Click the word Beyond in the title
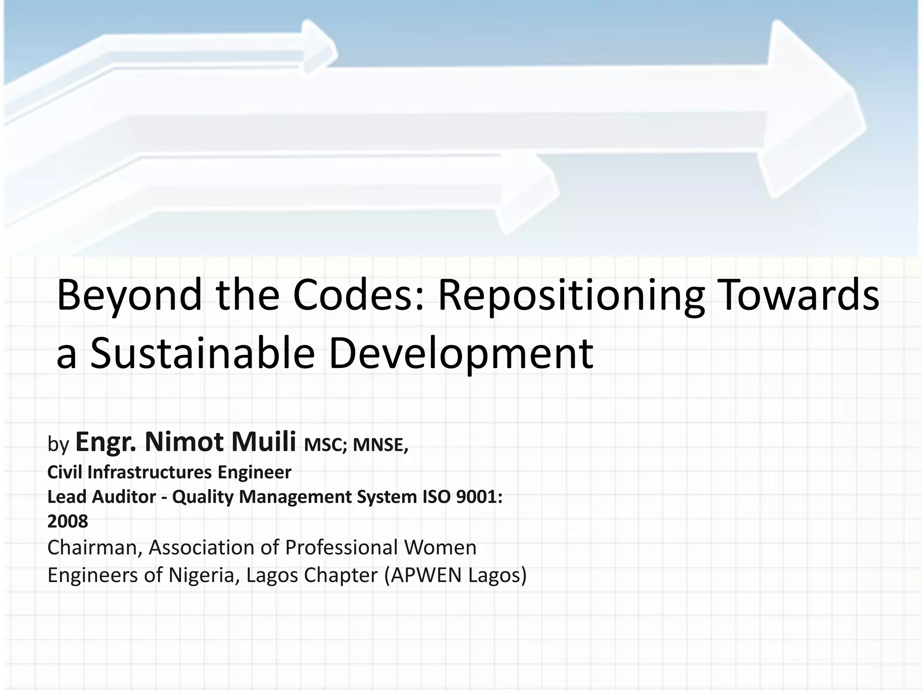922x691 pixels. point(129,296)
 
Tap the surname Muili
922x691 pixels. point(264,442)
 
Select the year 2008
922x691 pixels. point(68,522)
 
